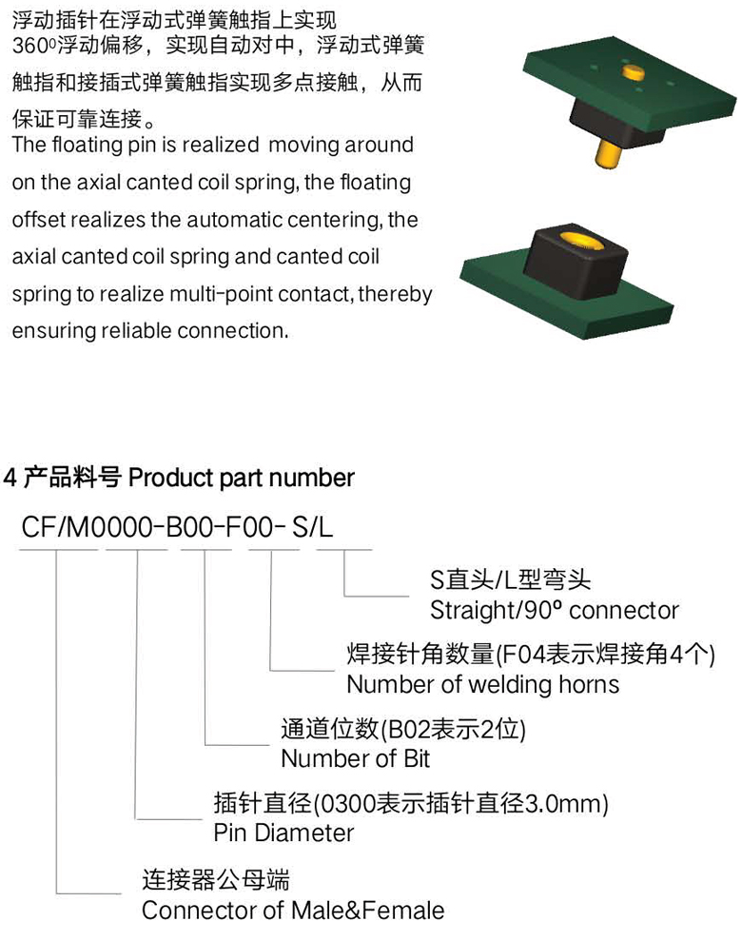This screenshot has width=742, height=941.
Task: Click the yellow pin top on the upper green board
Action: click(633, 72)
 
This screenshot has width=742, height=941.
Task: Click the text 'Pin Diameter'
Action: click(283, 833)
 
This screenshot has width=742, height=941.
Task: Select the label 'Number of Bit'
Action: click(355, 758)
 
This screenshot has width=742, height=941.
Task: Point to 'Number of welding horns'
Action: click(483, 684)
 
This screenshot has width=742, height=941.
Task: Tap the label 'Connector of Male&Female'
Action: click(293, 911)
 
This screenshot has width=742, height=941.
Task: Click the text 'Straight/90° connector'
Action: click(555, 610)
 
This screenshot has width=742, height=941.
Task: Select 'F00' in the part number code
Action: click(248, 527)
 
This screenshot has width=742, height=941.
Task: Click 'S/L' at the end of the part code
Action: click(312, 527)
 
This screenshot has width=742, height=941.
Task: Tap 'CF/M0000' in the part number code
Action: click(88, 527)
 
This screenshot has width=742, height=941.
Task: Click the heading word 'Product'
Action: click(171, 478)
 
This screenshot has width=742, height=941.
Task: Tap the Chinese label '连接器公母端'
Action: click(216, 880)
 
